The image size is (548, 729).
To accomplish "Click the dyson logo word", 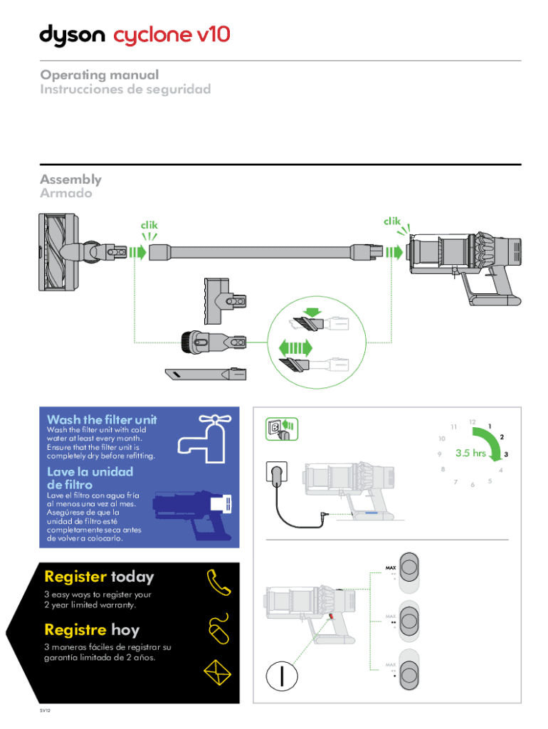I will [72, 36].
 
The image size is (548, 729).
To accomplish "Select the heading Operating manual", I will [99, 75].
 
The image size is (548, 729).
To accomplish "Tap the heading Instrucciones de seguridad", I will [125, 90].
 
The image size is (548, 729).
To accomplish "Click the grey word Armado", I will [65, 194].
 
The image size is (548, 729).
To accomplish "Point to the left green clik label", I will [148, 225].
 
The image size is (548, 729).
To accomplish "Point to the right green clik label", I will [392, 221].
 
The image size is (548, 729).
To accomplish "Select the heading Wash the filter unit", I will [101, 419].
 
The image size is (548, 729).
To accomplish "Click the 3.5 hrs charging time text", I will [470, 453].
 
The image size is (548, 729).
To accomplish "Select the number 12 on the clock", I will [473, 421].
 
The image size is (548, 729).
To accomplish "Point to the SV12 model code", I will [46, 710].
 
